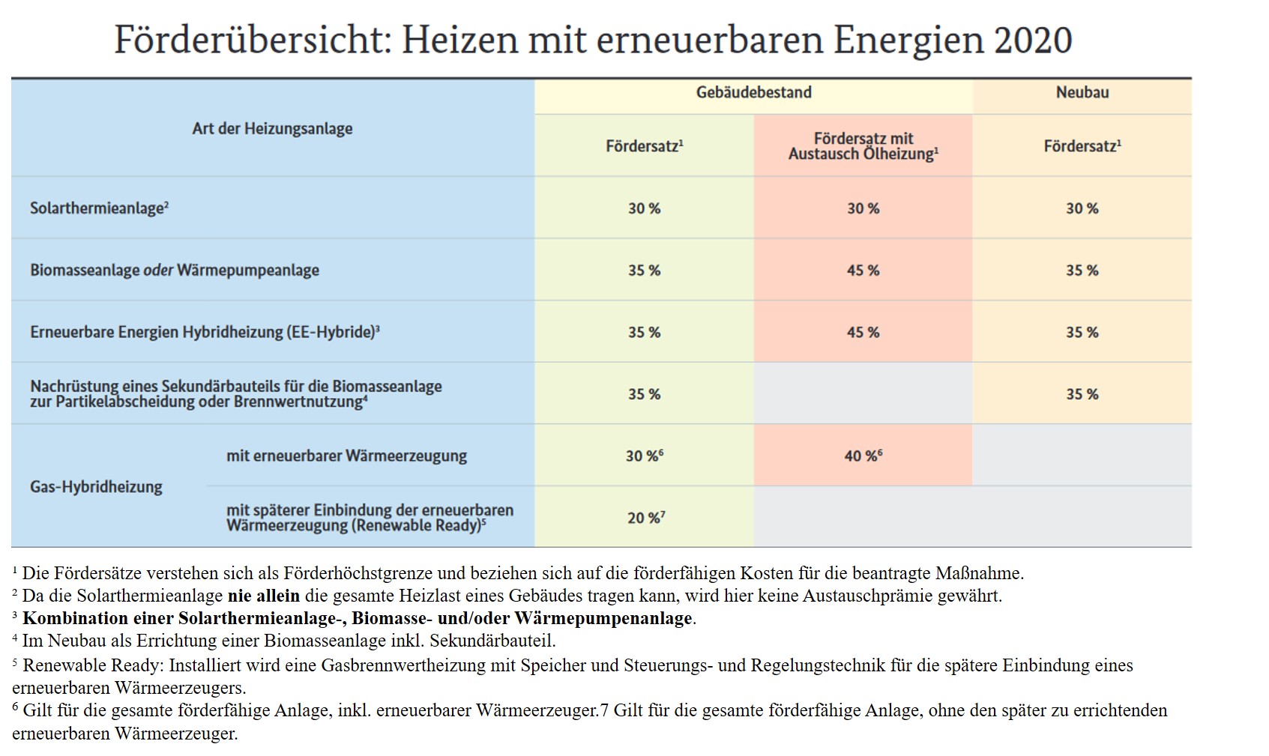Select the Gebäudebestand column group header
[753, 93]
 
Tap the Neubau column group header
[1082, 93]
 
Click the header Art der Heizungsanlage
[272, 129]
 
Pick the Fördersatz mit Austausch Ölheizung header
[863, 146]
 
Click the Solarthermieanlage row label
[98, 208]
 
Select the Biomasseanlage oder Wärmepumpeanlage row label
[174, 270]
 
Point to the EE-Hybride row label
[204, 332]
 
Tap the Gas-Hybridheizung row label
[96, 487]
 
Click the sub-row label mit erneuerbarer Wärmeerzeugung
[346, 456]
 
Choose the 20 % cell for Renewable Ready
[645, 518]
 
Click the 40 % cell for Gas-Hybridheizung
[863, 456]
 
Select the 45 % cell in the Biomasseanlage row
[863, 270]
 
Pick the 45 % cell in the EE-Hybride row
[863, 332]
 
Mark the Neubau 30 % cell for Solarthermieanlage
[1082, 208]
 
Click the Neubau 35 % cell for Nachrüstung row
[1082, 394]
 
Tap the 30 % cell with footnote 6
[644, 456]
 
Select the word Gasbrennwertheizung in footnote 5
[387, 665]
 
